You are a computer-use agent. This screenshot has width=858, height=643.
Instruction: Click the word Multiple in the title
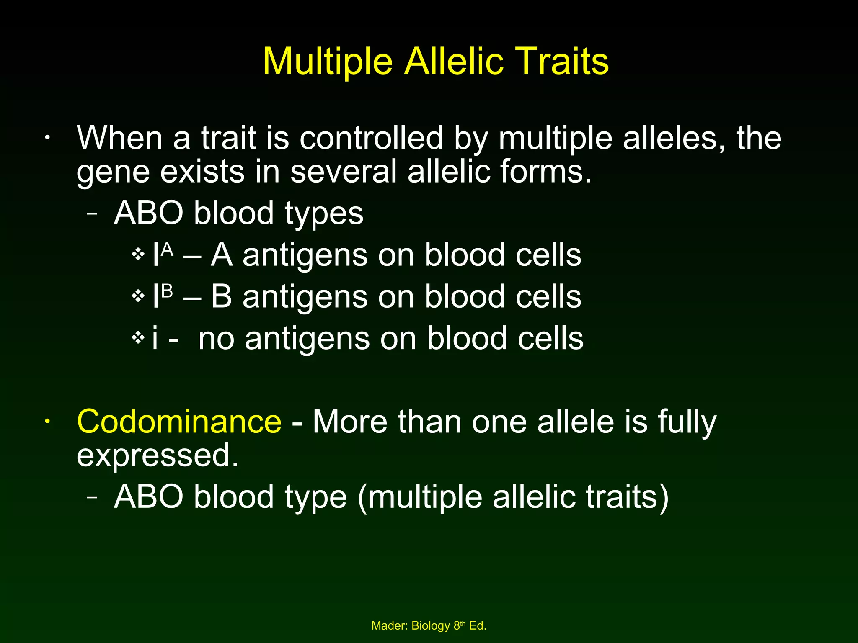coord(327,62)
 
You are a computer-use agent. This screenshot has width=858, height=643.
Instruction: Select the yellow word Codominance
coord(179,422)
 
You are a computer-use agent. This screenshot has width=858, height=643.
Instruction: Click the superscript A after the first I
coord(168,250)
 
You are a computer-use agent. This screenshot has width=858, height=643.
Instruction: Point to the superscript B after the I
coord(168,291)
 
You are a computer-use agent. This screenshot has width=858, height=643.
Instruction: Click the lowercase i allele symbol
coord(155,338)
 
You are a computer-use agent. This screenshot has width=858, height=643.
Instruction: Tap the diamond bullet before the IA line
coord(138,254)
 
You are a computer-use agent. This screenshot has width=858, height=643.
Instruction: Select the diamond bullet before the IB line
coord(138,296)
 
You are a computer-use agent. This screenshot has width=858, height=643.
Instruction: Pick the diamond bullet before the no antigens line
coord(138,337)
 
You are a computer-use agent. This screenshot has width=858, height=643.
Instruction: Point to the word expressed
coord(157,455)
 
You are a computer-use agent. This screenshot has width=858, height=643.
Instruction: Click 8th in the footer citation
coord(459,625)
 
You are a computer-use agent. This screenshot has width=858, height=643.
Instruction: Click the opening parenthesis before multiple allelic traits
coord(362,497)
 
